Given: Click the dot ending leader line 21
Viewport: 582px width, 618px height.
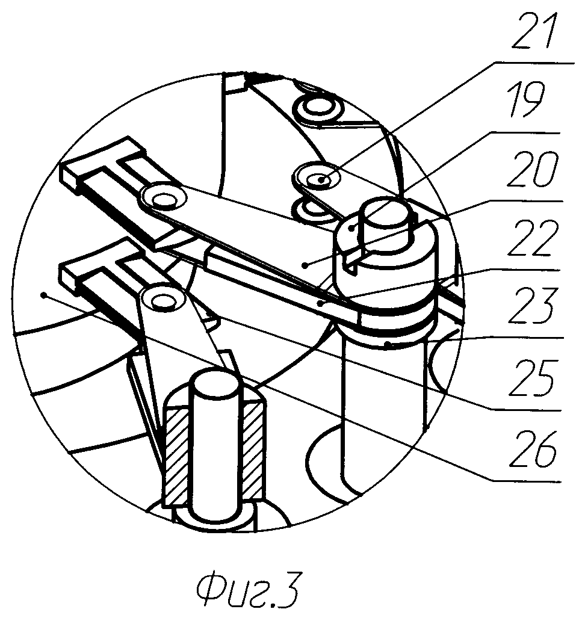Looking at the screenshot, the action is [x=323, y=179].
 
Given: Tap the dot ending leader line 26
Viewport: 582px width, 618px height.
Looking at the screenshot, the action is [x=43, y=294].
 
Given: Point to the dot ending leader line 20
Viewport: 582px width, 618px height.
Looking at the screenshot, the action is [x=306, y=264].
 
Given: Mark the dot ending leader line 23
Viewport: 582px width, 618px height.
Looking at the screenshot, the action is [x=389, y=345].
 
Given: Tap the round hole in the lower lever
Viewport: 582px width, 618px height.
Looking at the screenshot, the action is [x=161, y=298].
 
